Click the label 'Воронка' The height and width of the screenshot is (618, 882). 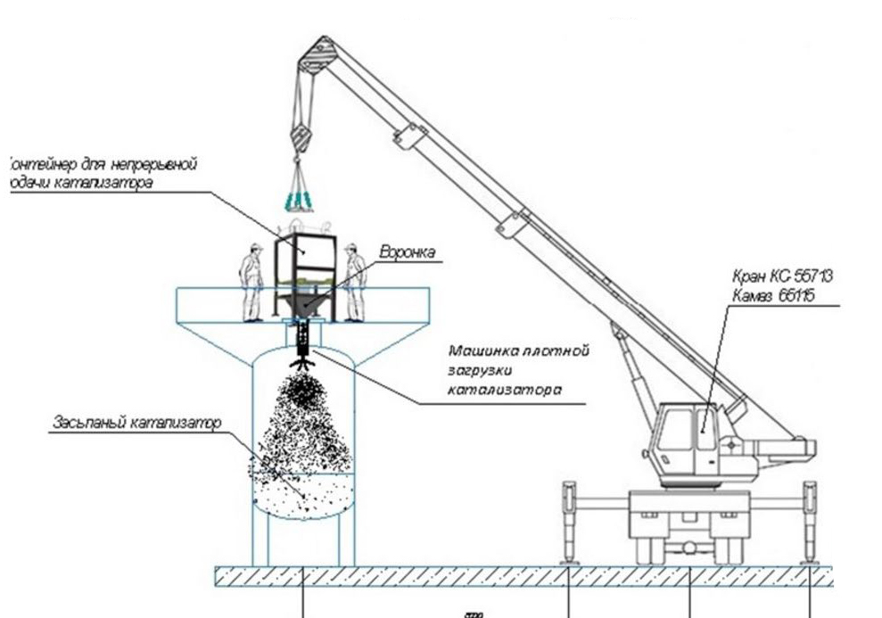(x=408, y=253)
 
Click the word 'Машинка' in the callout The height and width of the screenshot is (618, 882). (x=480, y=350)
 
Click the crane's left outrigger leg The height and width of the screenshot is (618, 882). (x=568, y=522)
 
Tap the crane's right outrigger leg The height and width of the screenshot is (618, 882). (x=810, y=522)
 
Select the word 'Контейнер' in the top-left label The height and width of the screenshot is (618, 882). (x=36, y=163)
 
